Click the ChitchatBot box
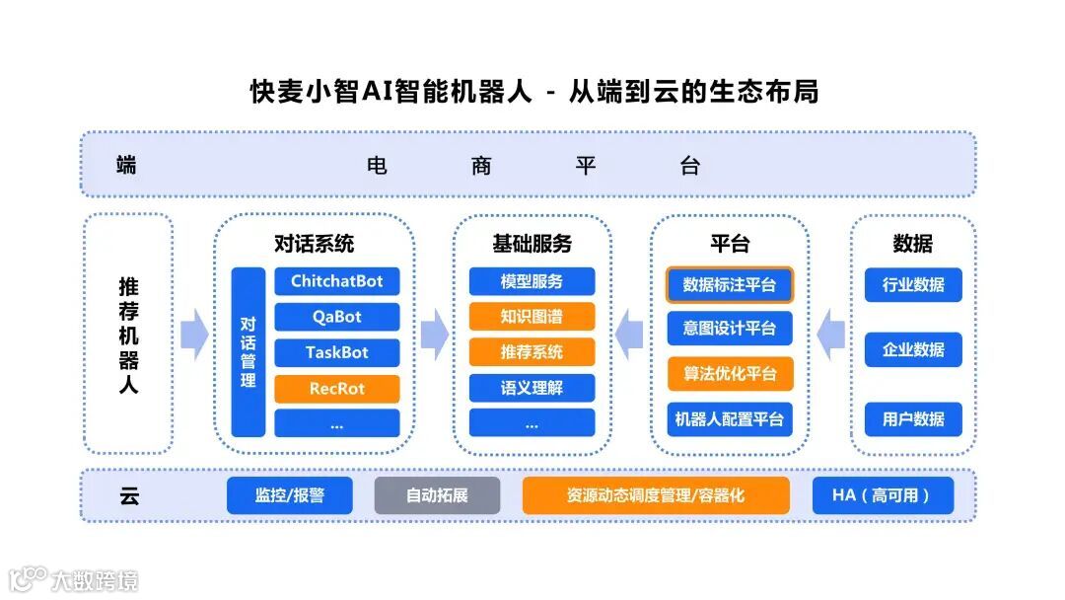[337, 281]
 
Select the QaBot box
[337, 317]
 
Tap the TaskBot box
[337, 352]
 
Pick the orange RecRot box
[337, 389]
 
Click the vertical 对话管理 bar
[248, 351]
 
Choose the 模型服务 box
[532, 281]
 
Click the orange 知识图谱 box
[532, 317]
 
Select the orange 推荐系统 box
[532, 352]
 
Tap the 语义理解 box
[532, 388]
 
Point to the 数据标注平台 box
[730, 285]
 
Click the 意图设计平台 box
[730, 329]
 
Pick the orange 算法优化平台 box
[730, 374]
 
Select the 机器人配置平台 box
[730, 418]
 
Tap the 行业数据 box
[913, 285]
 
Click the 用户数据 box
[913, 418]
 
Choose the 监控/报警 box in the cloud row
[289, 495]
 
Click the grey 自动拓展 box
[437, 495]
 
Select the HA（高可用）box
[883, 495]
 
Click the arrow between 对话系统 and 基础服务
[434, 336]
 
